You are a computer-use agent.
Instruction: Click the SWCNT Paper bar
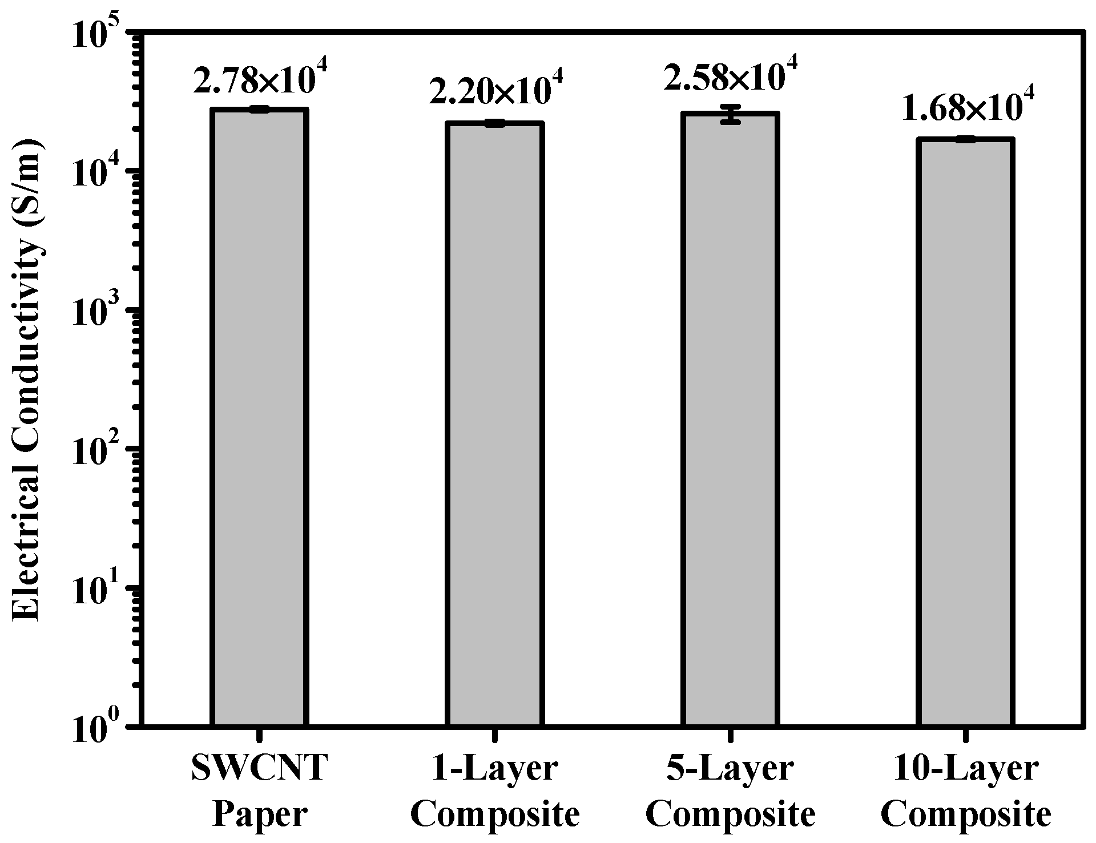pyautogui.click(x=260, y=417)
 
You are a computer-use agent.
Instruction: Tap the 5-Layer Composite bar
pyautogui.click(x=730, y=420)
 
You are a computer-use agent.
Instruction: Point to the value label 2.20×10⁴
pyautogui.click(x=495, y=92)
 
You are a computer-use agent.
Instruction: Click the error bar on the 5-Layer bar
pyautogui.click(x=730, y=114)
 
